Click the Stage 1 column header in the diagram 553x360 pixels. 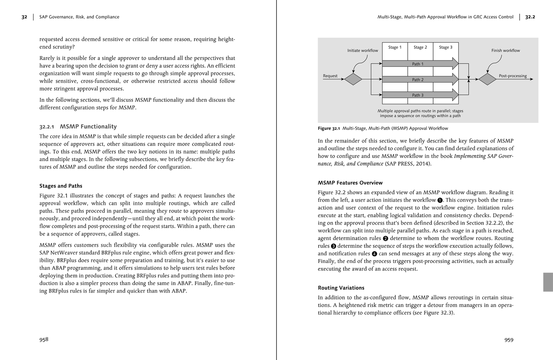pyautogui.click(x=395, y=47)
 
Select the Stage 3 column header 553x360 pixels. pyautogui.click(x=446, y=47)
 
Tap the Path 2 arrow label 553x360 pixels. pyautogui.click(x=418, y=80)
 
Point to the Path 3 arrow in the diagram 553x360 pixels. pyautogui.click(x=418, y=95)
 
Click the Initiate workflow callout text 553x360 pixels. pyautogui.click(x=363, y=50)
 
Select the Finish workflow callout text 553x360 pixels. pyautogui.click(x=505, y=50)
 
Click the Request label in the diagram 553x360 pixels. pyautogui.click(x=330, y=76)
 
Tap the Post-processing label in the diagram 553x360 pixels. pyautogui.click(x=513, y=76)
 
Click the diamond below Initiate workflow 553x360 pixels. pyautogui.click(x=353, y=79)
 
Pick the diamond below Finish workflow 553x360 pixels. pyautogui.click(x=487, y=79)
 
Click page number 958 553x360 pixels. pyautogui.click(x=44, y=339)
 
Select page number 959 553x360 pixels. pyautogui.click(x=509, y=340)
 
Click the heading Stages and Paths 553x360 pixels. pyautogui.click(x=61, y=186)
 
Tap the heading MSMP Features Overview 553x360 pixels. pyautogui.click(x=350, y=183)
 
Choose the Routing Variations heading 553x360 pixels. pyautogui.click(x=341, y=288)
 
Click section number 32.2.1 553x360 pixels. pyautogui.click(x=47, y=127)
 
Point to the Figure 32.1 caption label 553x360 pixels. pyautogui.click(x=329, y=129)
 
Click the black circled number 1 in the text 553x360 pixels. pyautogui.click(x=440, y=200)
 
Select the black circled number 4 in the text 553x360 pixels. pyautogui.click(x=374, y=254)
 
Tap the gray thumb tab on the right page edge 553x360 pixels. pyautogui.click(x=548, y=282)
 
